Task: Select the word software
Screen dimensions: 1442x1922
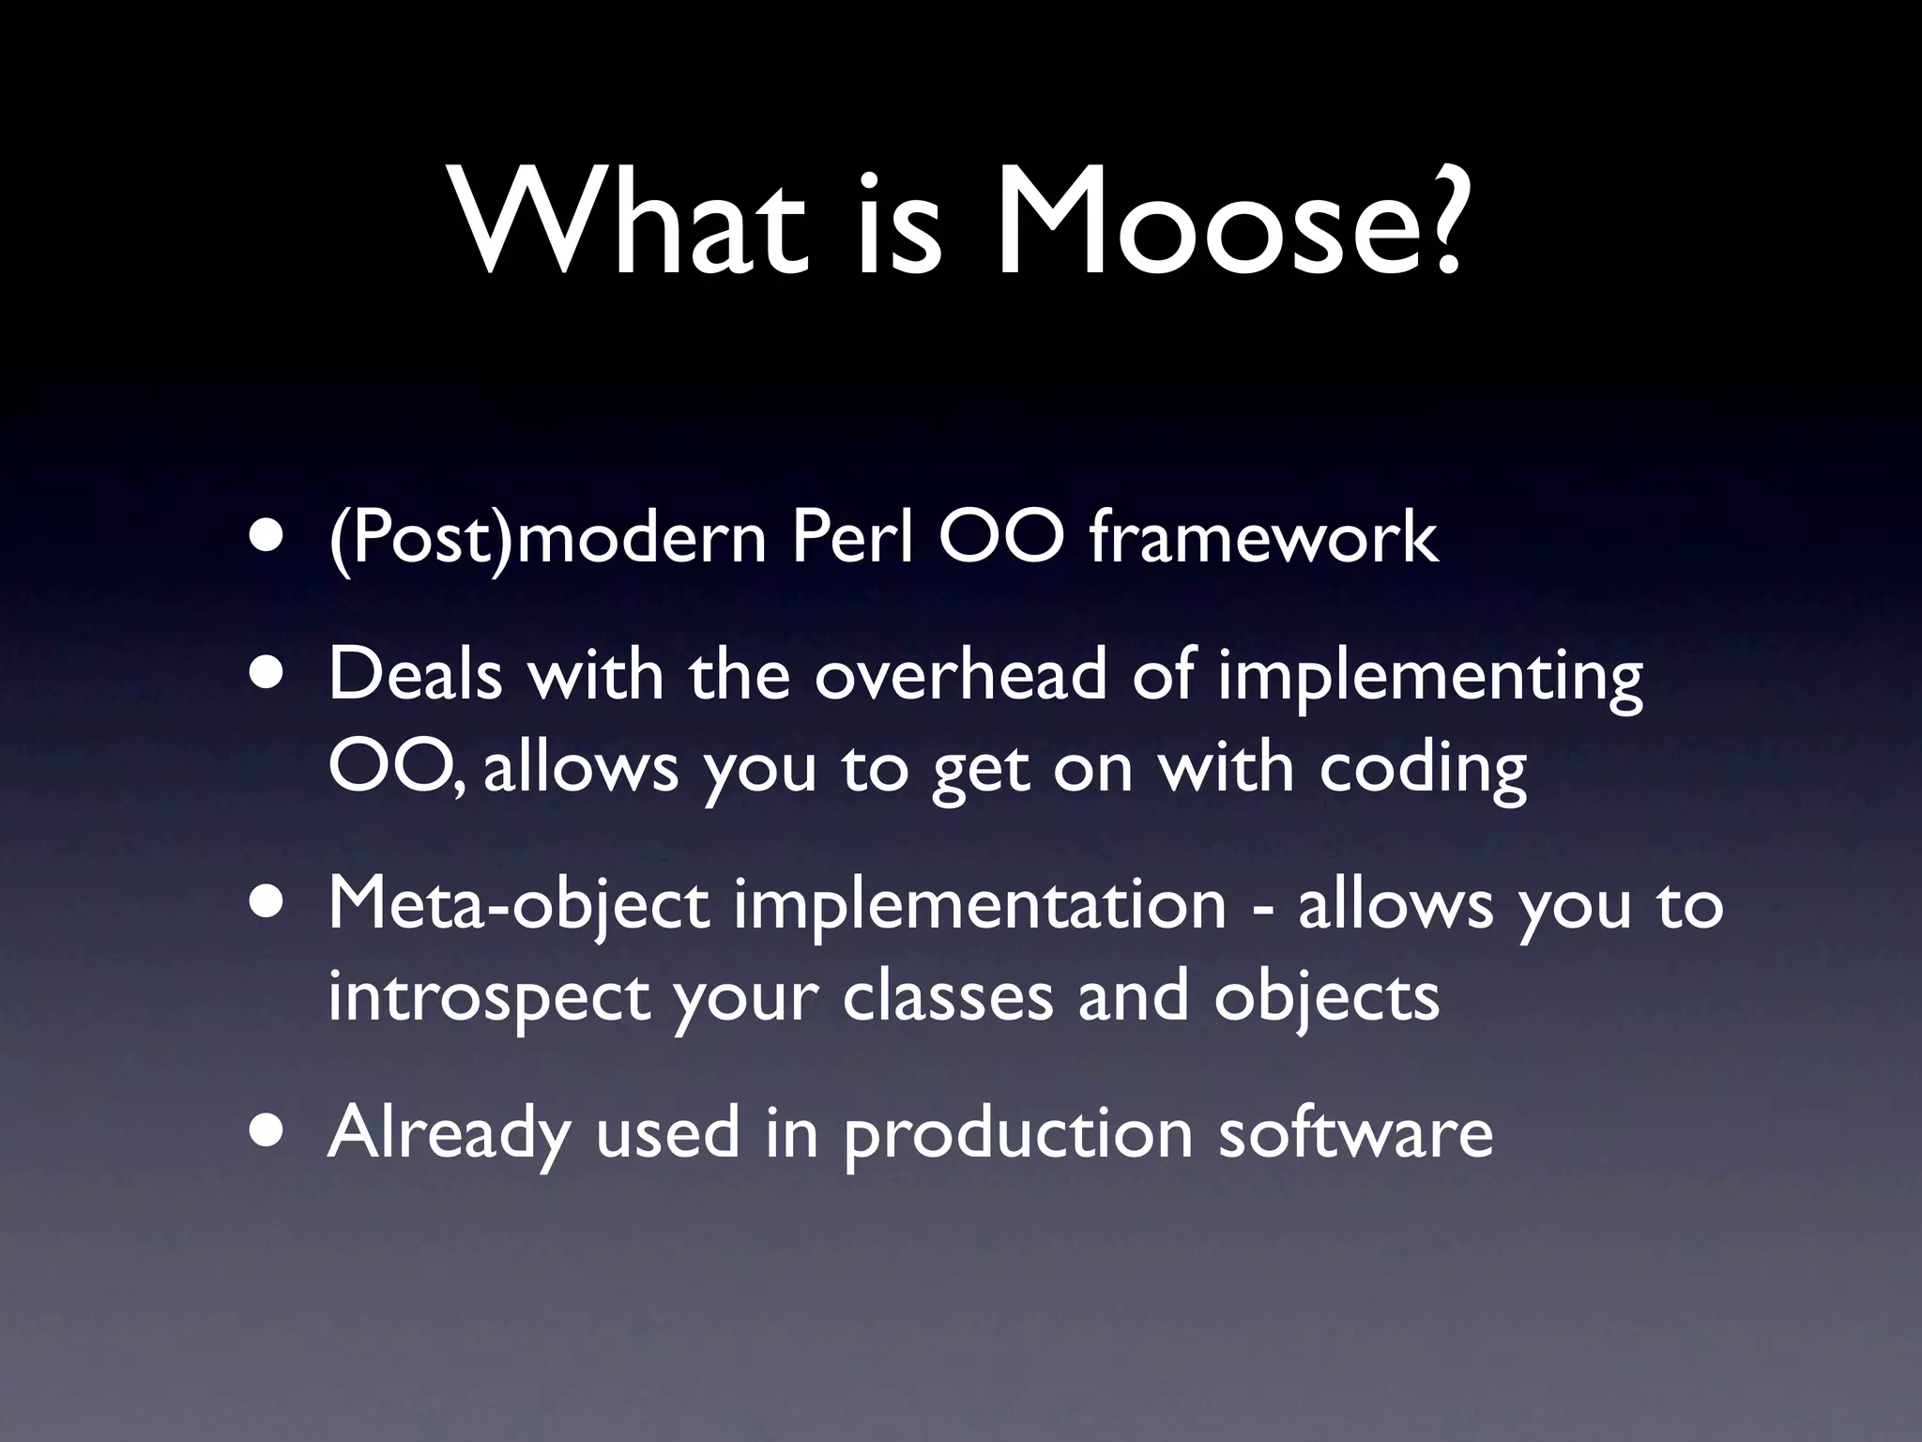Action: pos(1355,1131)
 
